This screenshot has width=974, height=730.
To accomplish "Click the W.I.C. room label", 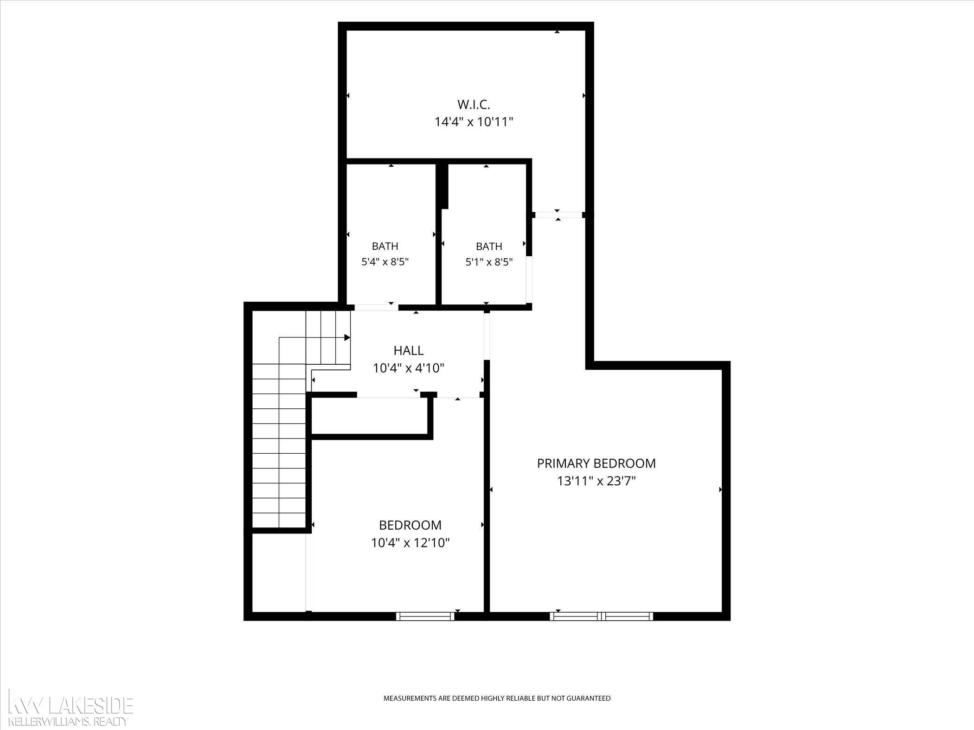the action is (474, 104).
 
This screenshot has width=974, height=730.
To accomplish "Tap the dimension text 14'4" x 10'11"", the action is (474, 122).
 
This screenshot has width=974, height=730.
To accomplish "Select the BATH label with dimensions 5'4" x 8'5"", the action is (385, 246).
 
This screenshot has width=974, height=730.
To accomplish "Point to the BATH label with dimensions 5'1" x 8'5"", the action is (489, 246).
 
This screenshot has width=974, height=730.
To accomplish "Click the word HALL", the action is (409, 350).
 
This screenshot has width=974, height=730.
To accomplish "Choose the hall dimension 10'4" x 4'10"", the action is (409, 368).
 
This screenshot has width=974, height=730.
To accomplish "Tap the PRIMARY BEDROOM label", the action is (596, 463).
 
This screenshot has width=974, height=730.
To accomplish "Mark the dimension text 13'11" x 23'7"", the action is (596, 481).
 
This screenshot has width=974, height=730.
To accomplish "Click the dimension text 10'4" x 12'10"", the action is (410, 543).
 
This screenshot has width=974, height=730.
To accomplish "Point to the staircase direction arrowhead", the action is (347, 337).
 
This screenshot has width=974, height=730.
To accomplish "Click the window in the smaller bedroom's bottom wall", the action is (425, 616).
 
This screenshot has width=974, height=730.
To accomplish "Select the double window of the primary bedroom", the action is (602, 616).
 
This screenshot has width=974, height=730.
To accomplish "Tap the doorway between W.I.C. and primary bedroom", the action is (557, 215).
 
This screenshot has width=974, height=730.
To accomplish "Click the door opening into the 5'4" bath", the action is (376, 307).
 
